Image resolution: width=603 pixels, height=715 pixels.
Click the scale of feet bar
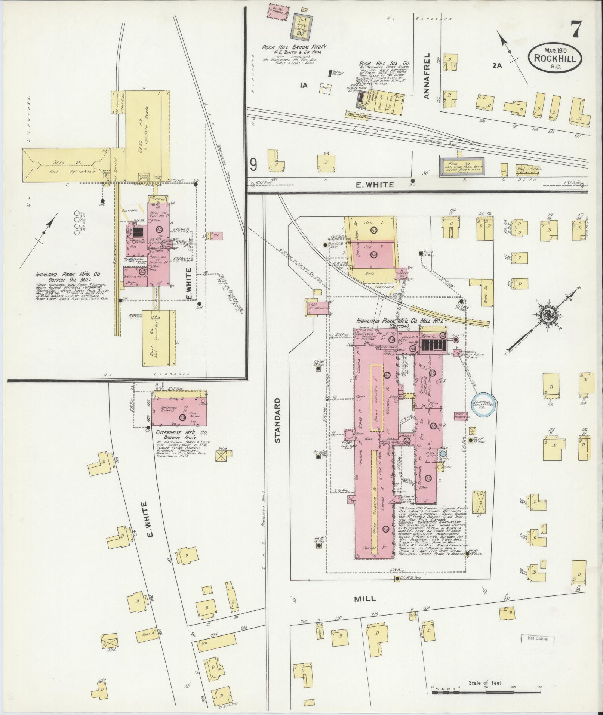486,693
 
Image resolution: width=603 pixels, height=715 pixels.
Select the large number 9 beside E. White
254,165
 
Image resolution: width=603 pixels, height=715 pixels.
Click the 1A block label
303,85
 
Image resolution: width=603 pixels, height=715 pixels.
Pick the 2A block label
497,65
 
